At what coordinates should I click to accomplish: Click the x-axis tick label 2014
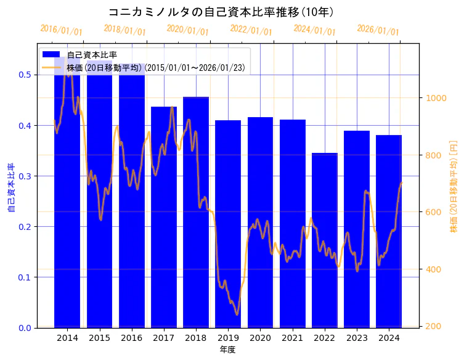pyautogui.click(x=67, y=338)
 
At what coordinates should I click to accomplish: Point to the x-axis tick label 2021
pyautogui.click(x=292, y=338)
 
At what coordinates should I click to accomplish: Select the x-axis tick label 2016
pyautogui.click(x=131, y=338)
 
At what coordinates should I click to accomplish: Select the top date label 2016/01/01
pyautogui.click(x=61, y=29)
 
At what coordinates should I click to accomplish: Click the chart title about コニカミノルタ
pyautogui.click(x=221, y=12)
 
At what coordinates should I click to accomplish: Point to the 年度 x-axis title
pyautogui.click(x=227, y=350)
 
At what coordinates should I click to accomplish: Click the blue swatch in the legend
pyautogui.click(x=51, y=55)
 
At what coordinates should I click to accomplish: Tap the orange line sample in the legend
pyautogui.click(x=51, y=67)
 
